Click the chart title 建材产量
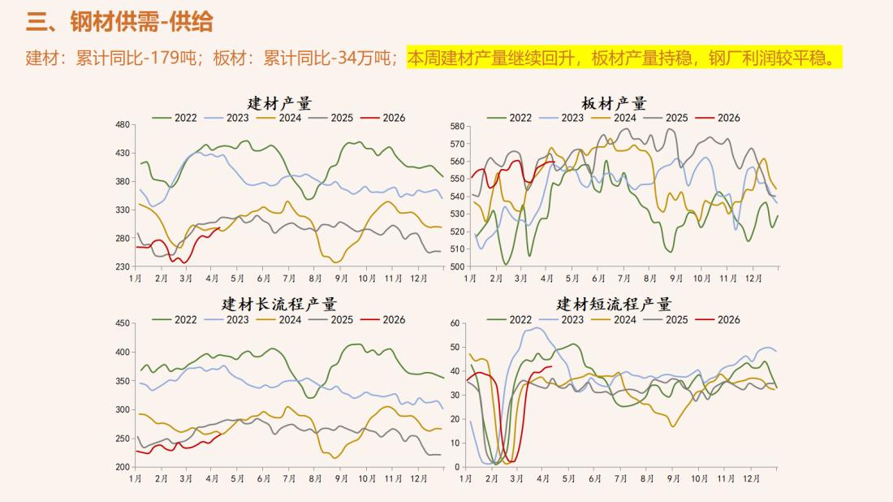pos(280,103)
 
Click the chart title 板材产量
pos(614,103)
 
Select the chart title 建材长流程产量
pos(280,305)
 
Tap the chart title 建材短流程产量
pos(614,305)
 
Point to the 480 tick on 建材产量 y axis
pos(123,124)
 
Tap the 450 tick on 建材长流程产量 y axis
pos(123,323)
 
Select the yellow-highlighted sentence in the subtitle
pos(623,58)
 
